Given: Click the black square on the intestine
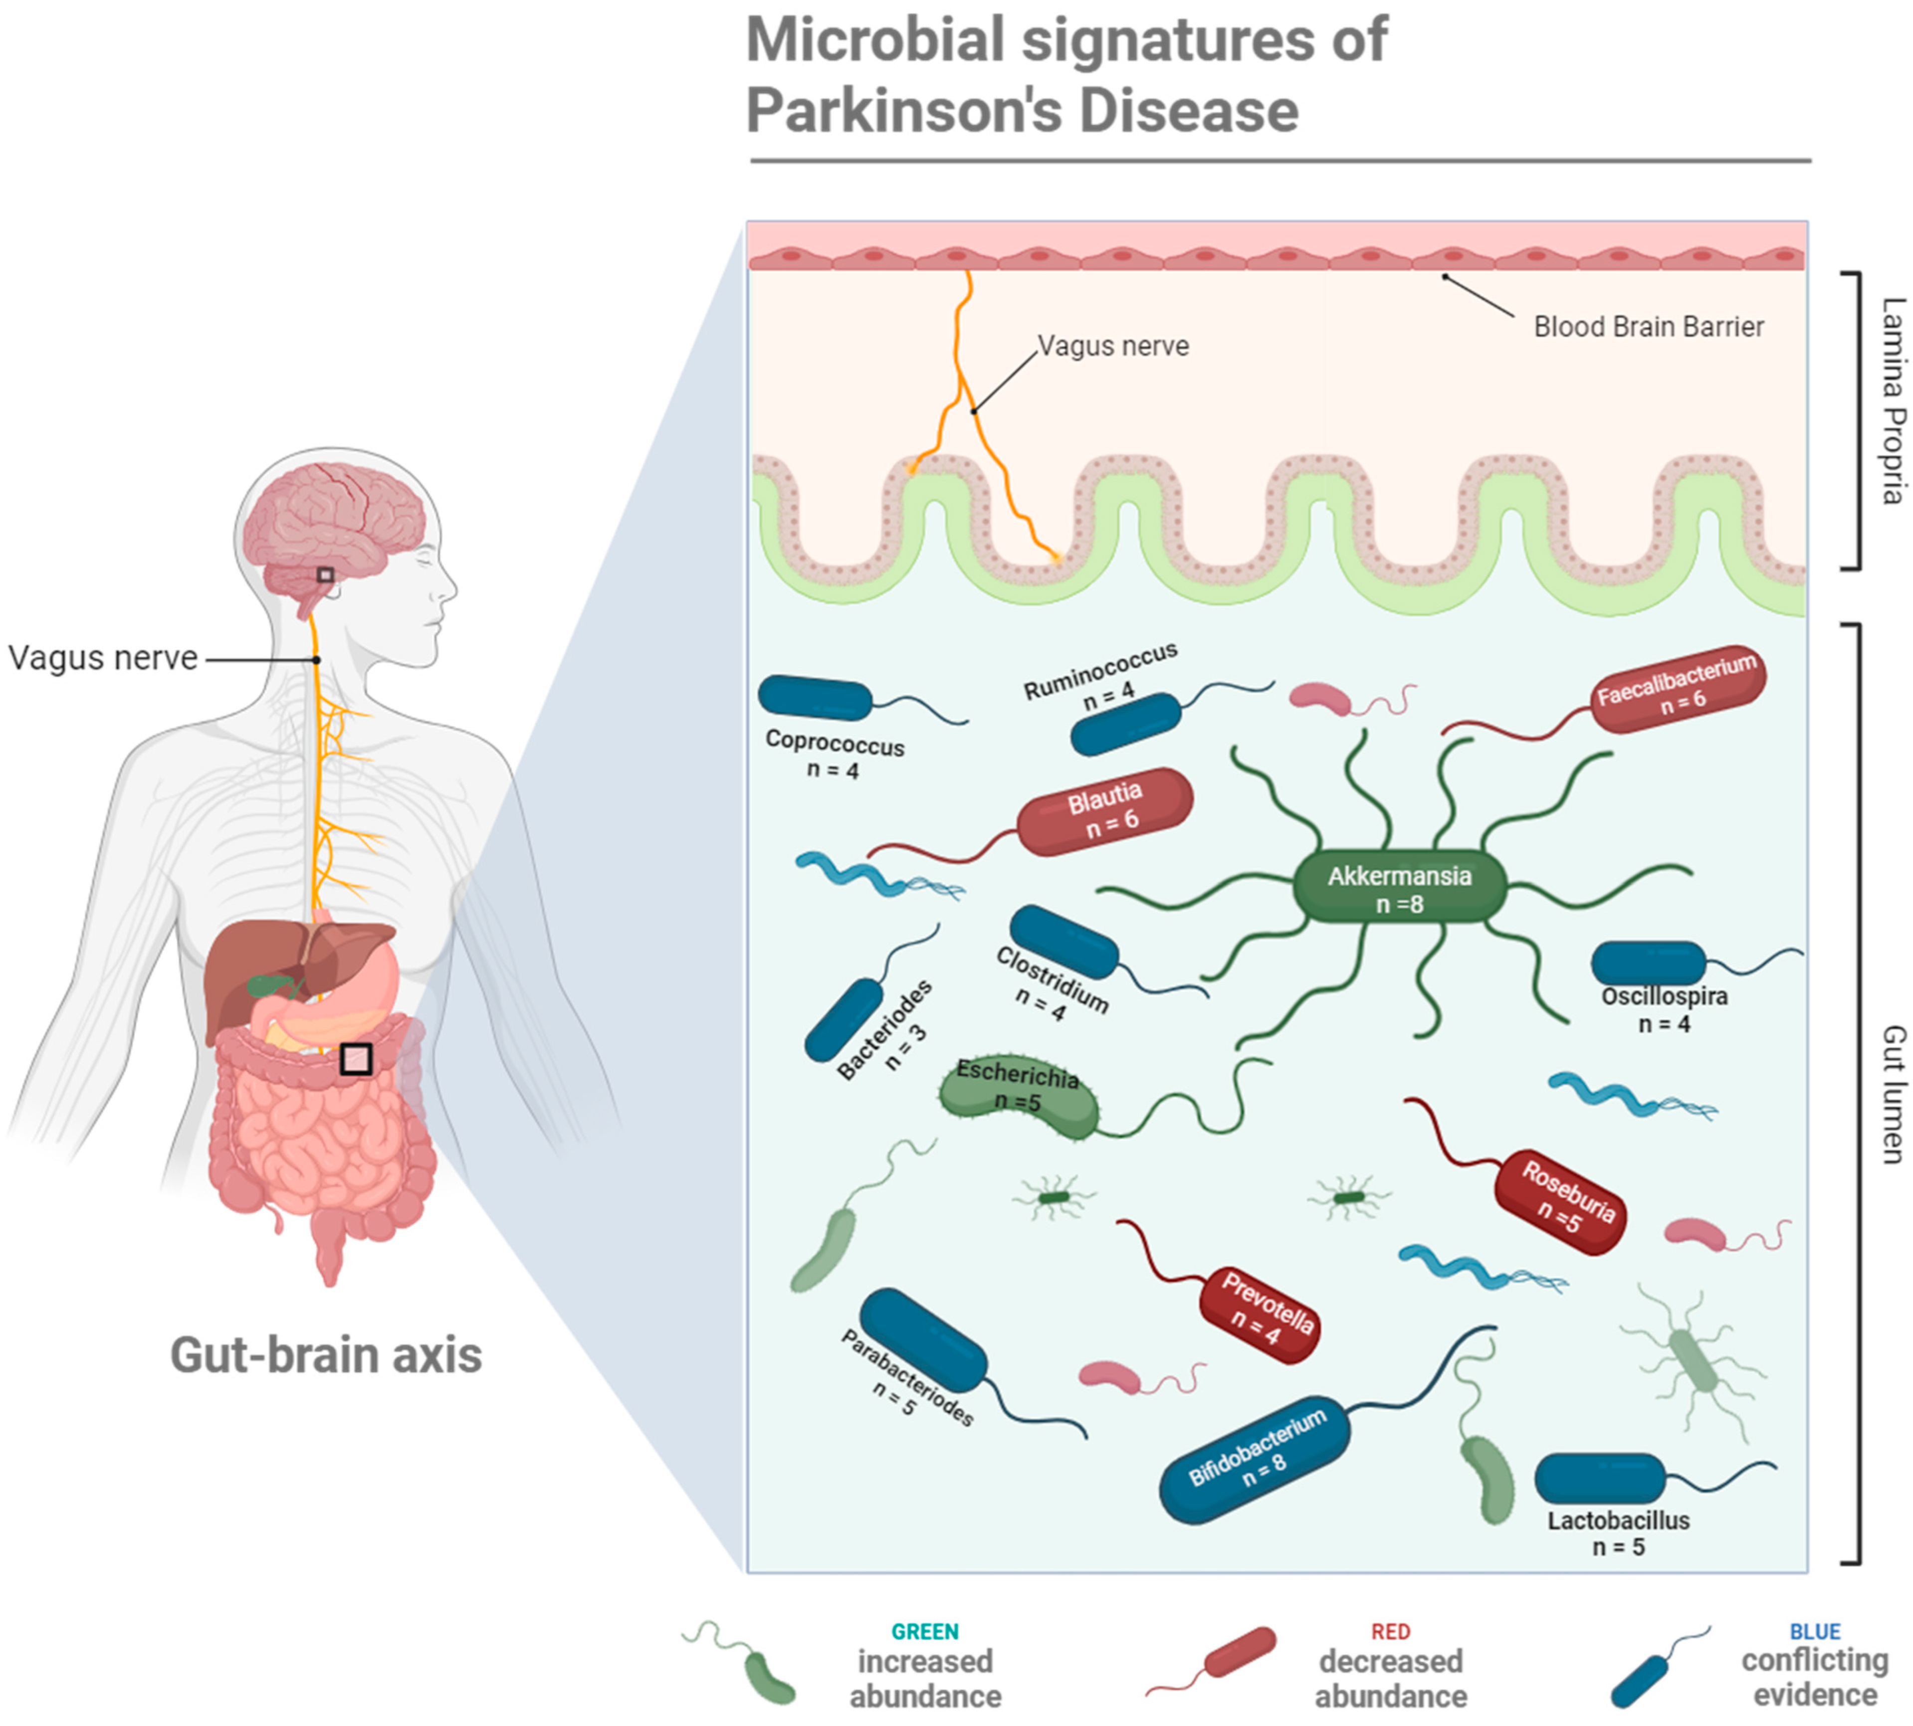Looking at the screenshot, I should [x=356, y=1058].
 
